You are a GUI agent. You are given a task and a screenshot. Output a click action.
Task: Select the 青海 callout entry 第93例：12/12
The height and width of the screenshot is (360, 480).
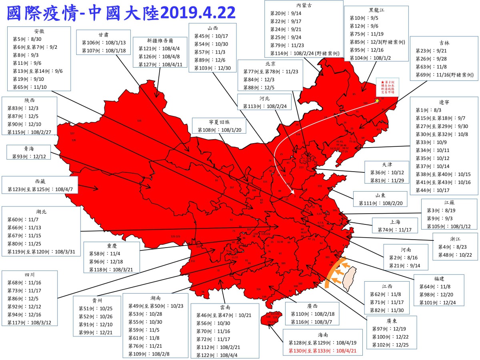coord(29,156)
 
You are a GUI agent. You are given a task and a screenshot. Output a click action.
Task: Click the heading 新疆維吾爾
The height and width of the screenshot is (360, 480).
coord(160,40)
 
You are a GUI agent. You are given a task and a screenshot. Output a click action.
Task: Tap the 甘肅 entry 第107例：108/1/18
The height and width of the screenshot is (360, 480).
coord(104,50)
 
